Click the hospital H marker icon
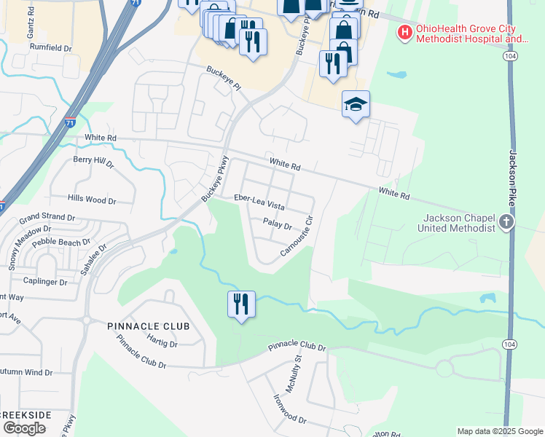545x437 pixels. (x=404, y=32)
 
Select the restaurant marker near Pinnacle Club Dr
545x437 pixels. (x=241, y=302)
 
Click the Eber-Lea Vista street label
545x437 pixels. (x=259, y=198)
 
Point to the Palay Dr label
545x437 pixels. (x=277, y=225)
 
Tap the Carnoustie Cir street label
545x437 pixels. (x=297, y=235)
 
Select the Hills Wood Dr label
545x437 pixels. (x=91, y=199)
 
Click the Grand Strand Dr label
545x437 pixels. (x=47, y=217)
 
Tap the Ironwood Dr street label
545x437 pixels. (x=289, y=409)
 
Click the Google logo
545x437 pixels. (x=23, y=428)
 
